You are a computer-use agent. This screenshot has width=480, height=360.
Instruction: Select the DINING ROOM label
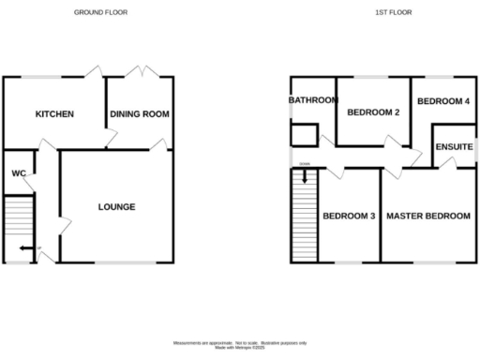140,114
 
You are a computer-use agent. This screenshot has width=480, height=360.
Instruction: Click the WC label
18,173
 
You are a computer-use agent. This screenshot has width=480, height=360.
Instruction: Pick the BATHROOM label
312,100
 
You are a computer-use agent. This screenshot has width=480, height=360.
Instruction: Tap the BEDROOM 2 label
373,112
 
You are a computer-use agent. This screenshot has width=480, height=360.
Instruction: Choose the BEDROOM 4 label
442,101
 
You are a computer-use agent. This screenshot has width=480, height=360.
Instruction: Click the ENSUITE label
454,148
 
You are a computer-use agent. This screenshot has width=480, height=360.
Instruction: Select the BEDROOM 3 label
349,217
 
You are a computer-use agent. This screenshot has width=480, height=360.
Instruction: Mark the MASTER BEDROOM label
428,217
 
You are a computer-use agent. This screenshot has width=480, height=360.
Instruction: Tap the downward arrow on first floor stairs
304,174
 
